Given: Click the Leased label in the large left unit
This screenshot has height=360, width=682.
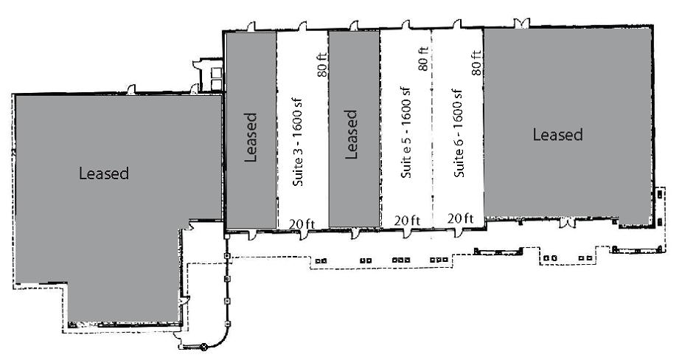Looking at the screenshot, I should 104,174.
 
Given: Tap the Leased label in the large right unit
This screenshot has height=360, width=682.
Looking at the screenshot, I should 557,135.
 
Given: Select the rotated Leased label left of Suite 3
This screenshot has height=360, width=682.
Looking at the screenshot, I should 251,136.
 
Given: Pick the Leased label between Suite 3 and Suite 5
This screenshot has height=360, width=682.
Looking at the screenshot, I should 351,135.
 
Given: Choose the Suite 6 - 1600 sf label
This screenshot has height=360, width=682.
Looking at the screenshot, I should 458,134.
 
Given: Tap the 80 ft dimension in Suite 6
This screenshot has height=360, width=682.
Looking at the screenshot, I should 476,63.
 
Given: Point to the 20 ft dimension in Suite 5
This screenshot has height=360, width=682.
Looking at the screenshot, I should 407,220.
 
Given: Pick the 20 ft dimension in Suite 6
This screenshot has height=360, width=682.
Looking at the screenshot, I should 460,219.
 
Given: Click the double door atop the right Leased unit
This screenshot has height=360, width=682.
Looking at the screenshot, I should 522,24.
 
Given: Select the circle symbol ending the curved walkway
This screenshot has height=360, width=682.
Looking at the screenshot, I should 204,346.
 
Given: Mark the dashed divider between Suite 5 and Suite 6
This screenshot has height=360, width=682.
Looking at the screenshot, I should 431,125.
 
